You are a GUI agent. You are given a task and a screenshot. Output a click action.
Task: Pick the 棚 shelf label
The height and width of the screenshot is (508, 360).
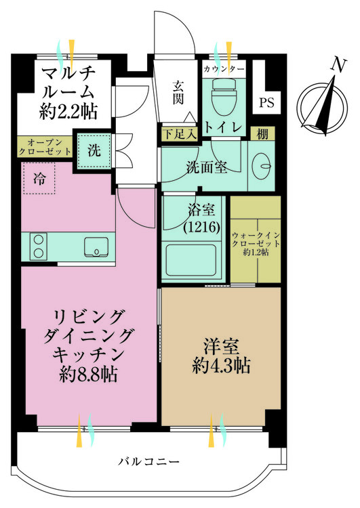262,134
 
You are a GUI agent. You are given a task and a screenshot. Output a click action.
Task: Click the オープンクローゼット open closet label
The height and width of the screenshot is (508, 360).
45,148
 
